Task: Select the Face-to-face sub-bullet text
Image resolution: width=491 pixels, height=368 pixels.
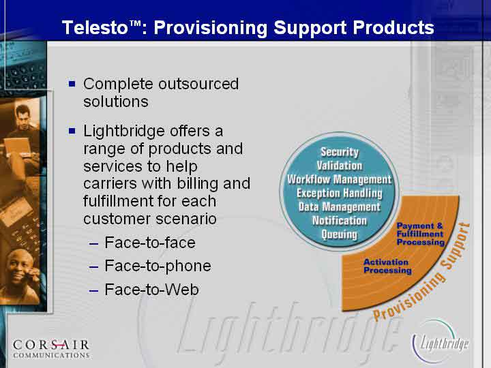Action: [150, 243]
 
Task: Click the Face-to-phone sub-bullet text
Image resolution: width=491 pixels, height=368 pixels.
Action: [158, 266]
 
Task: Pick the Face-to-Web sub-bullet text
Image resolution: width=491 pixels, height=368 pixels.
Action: [151, 290]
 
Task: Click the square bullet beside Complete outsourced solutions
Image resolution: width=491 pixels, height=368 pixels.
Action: [72, 84]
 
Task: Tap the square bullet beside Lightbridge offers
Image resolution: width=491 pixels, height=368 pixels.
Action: [72, 130]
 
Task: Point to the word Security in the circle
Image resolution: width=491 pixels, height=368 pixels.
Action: [340, 152]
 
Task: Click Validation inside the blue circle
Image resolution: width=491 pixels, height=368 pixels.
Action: [340, 166]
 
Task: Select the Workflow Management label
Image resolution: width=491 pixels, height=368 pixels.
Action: [340, 179]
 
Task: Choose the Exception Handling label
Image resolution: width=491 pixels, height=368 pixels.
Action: [340, 193]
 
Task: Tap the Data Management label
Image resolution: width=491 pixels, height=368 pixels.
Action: [340, 207]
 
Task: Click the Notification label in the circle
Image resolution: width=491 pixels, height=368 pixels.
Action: [340, 221]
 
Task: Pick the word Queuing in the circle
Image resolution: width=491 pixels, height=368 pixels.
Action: [340, 234]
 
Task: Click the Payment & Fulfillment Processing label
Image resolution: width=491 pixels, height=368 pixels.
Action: [420, 234]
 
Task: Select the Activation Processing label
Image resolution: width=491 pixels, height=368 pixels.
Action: [387, 266]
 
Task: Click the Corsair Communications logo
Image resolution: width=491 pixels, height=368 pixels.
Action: [51, 349]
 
